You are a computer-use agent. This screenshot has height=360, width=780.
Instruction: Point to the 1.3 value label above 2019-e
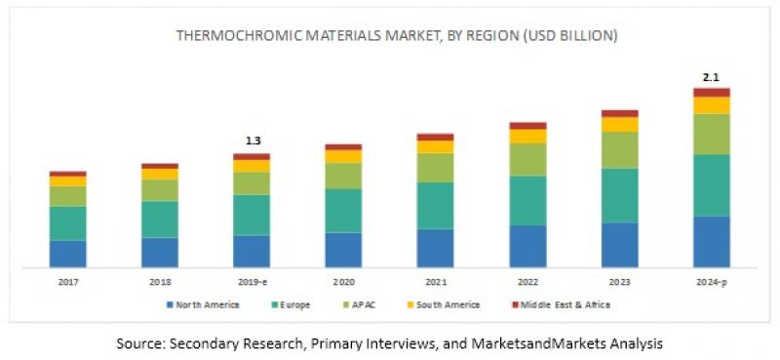point(252,141)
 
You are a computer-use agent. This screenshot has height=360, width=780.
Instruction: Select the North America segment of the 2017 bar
point(68,253)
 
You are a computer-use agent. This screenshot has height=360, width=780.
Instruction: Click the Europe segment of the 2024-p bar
point(712,184)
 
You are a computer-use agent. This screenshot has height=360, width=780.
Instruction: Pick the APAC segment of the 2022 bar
point(527,159)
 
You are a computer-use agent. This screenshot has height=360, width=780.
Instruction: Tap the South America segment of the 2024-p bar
point(712,105)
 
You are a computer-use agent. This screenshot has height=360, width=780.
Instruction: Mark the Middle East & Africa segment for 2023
point(619,113)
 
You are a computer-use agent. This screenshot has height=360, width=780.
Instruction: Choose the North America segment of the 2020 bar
point(343,249)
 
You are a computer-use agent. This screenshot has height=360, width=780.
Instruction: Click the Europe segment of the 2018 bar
point(160,220)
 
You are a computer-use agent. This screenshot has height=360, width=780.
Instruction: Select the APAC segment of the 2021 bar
point(435,168)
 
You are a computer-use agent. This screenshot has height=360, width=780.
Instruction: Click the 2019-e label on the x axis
point(252,282)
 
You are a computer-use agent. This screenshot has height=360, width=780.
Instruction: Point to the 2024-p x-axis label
point(712,282)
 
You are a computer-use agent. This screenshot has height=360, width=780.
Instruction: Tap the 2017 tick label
point(68,282)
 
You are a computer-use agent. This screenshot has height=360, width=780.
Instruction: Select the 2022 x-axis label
point(527,282)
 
